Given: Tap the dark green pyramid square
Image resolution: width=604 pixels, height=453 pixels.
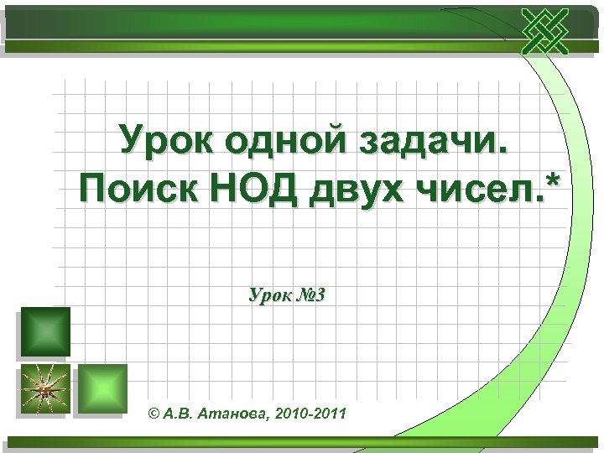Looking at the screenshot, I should coord(44,332).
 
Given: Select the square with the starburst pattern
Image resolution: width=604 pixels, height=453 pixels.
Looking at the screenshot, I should coord(42,389).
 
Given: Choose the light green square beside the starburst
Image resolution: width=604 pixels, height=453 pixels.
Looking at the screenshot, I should coord(102,388).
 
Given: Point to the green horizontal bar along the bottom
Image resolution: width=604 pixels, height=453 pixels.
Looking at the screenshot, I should coord(302,444).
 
